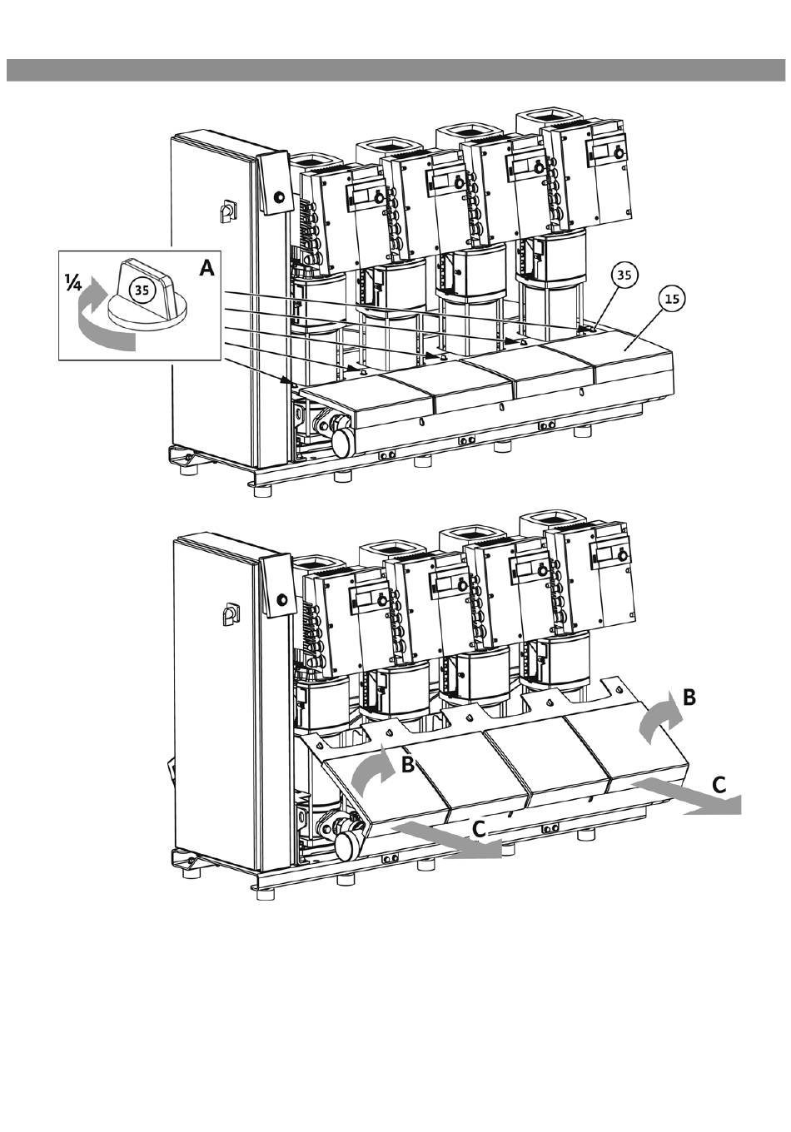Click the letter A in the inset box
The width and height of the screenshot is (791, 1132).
[206, 268]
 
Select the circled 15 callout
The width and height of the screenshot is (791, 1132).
[672, 299]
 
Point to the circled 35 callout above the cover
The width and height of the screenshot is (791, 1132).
[624, 276]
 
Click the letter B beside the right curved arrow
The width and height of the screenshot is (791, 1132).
[689, 698]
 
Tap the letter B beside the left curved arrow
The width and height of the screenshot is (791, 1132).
[408, 765]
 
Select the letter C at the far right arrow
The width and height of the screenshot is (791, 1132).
[719, 785]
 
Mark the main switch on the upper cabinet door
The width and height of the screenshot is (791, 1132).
[225, 211]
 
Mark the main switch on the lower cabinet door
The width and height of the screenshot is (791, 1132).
[228, 614]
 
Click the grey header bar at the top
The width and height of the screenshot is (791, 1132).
[395, 70]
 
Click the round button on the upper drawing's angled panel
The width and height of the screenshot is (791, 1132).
[277, 195]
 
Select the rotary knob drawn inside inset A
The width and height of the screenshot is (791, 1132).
[147, 295]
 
